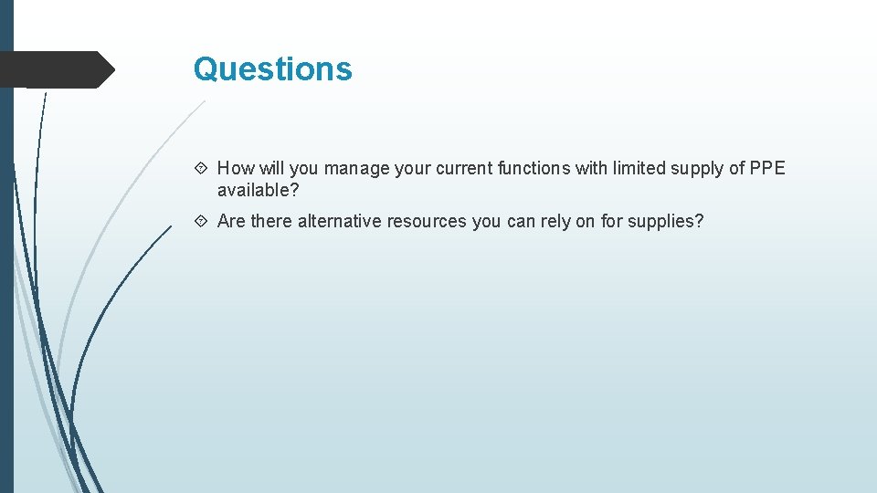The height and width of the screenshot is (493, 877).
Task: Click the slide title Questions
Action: (x=272, y=69)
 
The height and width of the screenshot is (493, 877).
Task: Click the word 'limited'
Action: (x=640, y=168)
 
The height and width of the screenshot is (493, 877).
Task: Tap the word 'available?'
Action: (x=259, y=190)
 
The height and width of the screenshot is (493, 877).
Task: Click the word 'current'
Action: (x=462, y=168)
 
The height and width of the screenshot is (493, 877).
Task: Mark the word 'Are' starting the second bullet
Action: (x=232, y=221)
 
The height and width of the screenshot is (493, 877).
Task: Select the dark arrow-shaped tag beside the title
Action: (x=55, y=69)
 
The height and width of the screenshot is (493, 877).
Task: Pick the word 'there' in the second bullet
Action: (x=271, y=221)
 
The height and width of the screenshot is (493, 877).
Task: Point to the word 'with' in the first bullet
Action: (x=590, y=168)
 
